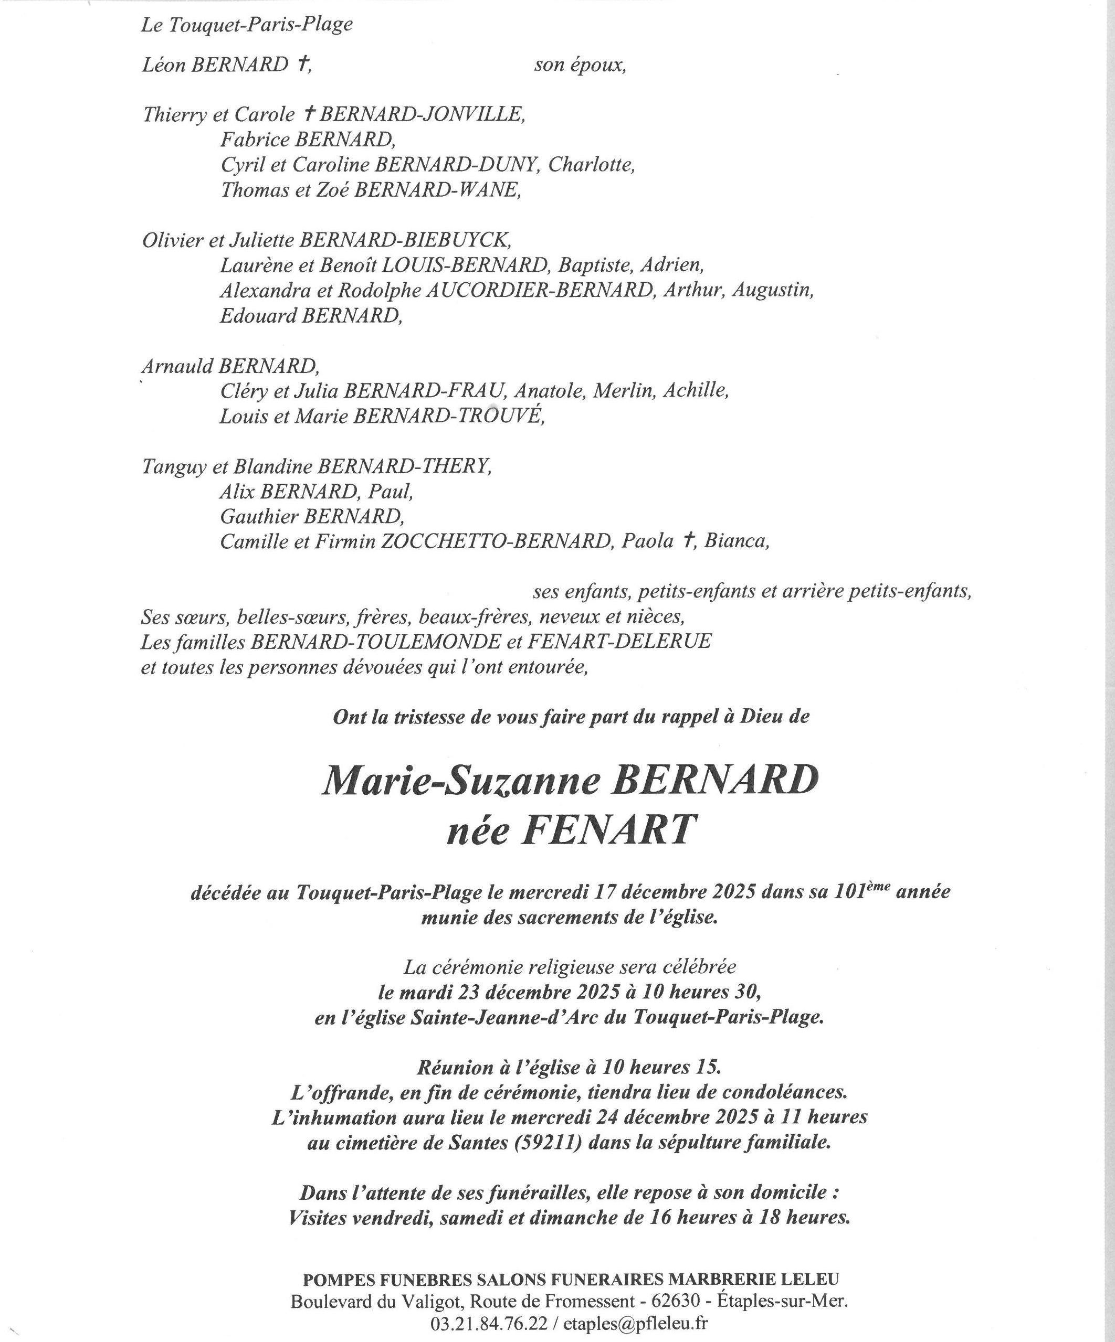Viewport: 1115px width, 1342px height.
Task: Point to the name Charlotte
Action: [x=592, y=165]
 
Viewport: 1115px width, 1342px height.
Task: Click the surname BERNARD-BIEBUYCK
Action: [x=405, y=240]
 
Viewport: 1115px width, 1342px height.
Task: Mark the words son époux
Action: [x=580, y=65]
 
